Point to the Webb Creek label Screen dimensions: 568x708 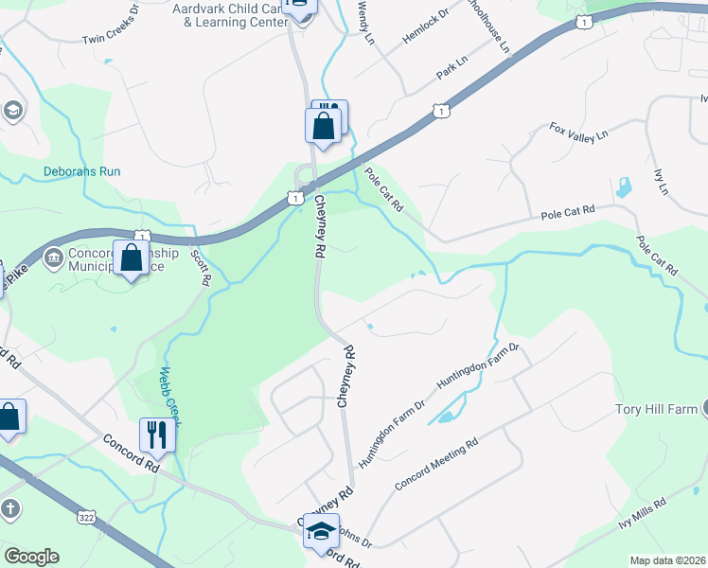tap(168, 397)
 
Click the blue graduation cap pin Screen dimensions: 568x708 tap(322, 531)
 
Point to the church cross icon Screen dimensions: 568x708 tap(10, 509)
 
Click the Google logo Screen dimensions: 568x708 tap(31, 557)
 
